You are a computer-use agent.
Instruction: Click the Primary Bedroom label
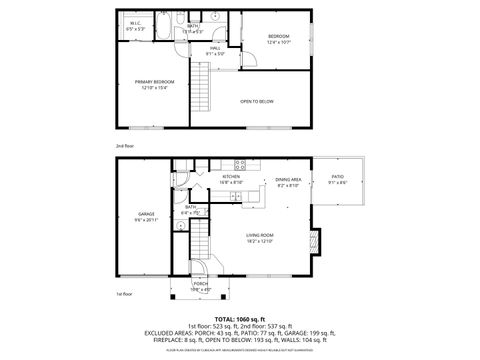(x=157, y=84)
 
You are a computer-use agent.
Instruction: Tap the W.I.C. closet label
(x=136, y=26)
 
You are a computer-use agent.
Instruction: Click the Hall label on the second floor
(x=216, y=50)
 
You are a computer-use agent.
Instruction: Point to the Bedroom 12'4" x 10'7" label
(x=278, y=40)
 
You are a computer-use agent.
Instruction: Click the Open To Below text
(x=257, y=101)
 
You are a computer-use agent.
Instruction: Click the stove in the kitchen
(x=240, y=165)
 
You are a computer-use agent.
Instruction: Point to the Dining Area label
(x=288, y=182)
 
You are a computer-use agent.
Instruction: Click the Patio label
(x=338, y=180)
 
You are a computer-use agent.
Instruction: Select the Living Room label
(x=260, y=238)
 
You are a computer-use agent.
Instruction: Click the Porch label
(x=200, y=286)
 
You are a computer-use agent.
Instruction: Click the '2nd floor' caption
(x=124, y=145)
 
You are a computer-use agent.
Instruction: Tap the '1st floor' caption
(x=124, y=295)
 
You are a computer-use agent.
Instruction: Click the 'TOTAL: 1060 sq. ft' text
(x=240, y=318)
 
